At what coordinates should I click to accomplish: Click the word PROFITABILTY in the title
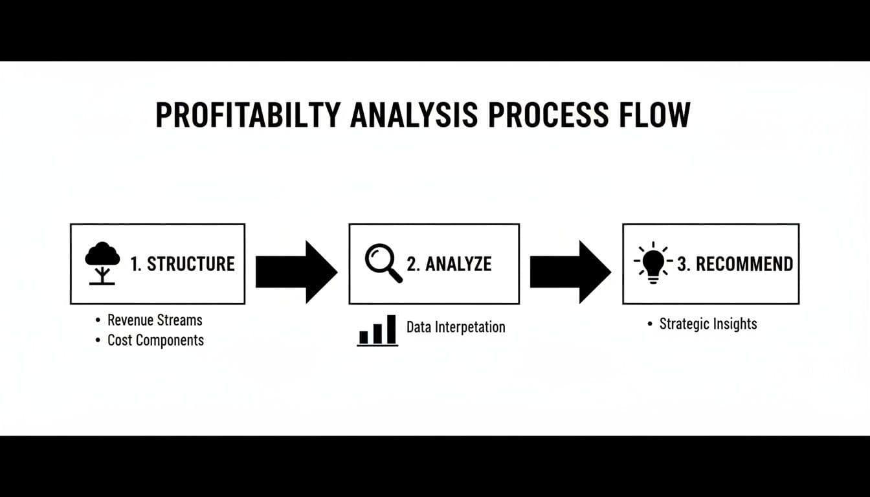tap(248, 115)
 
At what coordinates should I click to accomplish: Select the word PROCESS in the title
tap(548, 115)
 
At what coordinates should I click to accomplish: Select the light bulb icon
tap(653, 263)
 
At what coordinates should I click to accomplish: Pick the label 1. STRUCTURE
tap(183, 264)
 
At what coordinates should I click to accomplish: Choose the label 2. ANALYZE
tap(449, 264)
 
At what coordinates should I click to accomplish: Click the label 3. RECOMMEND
tap(735, 264)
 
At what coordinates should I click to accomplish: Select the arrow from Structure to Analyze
tap(296, 272)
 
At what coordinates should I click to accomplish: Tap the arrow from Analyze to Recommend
tap(570, 272)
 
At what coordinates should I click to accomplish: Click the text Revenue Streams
tap(155, 320)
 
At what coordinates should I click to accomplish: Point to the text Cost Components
tap(155, 340)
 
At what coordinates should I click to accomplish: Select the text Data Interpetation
tap(456, 327)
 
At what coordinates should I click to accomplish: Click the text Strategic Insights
tap(708, 324)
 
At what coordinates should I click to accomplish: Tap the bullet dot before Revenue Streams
tap(98, 320)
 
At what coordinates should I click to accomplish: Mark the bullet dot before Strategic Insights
tap(650, 324)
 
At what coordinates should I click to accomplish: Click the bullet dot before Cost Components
tap(98, 340)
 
